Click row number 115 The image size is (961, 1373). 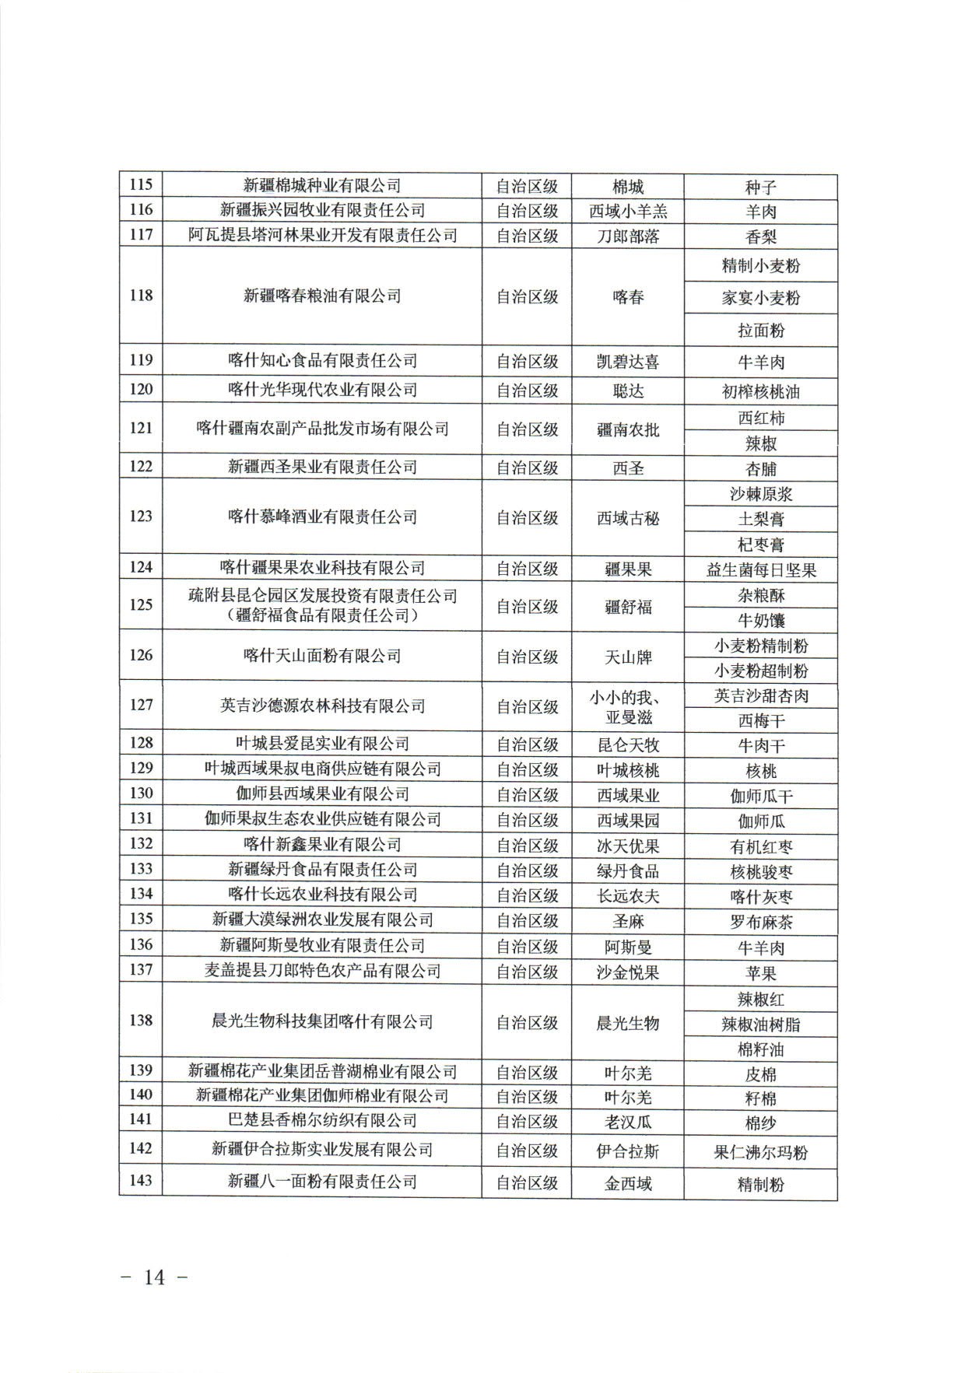(x=141, y=185)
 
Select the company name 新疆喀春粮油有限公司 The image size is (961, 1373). (x=322, y=296)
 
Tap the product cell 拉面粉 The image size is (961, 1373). (x=760, y=331)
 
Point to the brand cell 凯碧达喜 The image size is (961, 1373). (x=627, y=361)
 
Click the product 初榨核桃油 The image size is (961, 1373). (x=760, y=391)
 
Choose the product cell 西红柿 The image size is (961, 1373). (x=760, y=418)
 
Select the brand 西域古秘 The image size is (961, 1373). (x=627, y=517)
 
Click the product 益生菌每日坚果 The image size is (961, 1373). (x=760, y=570)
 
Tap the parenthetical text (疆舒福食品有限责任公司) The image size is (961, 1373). (x=322, y=616)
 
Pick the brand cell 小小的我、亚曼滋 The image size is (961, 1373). (x=627, y=706)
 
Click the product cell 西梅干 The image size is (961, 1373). (x=760, y=720)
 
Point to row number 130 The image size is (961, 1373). (x=141, y=793)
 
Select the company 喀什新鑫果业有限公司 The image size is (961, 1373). (x=322, y=844)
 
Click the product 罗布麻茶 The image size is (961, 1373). (x=760, y=923)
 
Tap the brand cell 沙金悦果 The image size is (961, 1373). (x=627, y=972)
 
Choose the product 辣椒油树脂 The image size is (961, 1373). (x=760, y=1024)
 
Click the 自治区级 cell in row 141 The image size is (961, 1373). (x=527, y=1121)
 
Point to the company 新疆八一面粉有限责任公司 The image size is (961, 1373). (x=322, y=1182)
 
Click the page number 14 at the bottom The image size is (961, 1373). (x=155, y=1277)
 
